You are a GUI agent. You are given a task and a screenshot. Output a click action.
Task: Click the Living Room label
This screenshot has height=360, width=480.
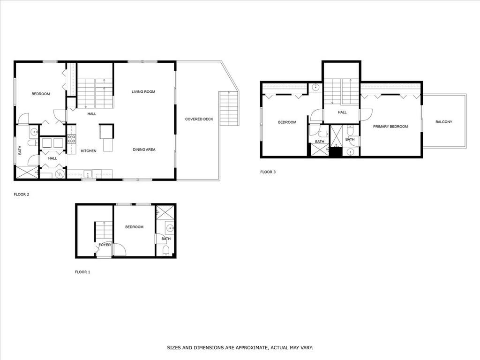tap(143, 91)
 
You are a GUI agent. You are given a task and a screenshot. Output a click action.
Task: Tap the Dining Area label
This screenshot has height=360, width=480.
tap(144, 150)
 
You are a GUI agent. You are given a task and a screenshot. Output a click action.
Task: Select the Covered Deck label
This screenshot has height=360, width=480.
tap(199, 119)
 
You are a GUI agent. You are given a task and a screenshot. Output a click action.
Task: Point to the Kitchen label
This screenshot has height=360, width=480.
tap(89, 151)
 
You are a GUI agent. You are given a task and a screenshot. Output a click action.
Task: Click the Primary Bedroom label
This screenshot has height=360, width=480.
tap(390, 127)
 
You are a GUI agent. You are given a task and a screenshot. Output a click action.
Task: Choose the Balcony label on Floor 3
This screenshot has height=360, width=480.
tap(443, 122)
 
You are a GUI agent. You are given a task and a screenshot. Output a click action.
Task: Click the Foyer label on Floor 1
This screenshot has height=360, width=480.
tap(105, 245)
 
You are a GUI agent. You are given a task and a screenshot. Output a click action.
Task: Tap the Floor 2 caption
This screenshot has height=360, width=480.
tap(22, 195)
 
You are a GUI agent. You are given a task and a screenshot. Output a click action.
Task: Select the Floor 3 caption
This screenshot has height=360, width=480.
tap(268, 172)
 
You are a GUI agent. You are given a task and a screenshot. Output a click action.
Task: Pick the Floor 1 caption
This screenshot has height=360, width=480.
tap(82, 272)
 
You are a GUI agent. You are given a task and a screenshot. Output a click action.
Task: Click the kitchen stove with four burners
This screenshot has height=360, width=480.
tap(72, 139)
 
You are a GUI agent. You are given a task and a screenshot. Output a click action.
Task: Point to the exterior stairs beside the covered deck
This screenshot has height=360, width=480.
tap(229, 108)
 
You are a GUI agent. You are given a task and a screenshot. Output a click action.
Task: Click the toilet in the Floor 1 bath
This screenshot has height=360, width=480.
tap(165, 250)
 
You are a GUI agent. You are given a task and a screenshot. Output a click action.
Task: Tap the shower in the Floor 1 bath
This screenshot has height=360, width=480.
tap(165, 212)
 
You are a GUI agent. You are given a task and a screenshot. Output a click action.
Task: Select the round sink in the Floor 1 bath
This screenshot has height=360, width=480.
tap(170, 228)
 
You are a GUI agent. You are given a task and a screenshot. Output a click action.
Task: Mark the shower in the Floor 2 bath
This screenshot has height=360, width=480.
tap(27, 172)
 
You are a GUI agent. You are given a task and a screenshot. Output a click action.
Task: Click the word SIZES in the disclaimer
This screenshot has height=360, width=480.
tap(173, 348)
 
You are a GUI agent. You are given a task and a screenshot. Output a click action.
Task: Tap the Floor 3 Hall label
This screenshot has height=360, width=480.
tap(342, 112)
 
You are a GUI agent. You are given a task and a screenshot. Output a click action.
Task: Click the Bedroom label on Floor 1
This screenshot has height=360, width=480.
tap(134, 227)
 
